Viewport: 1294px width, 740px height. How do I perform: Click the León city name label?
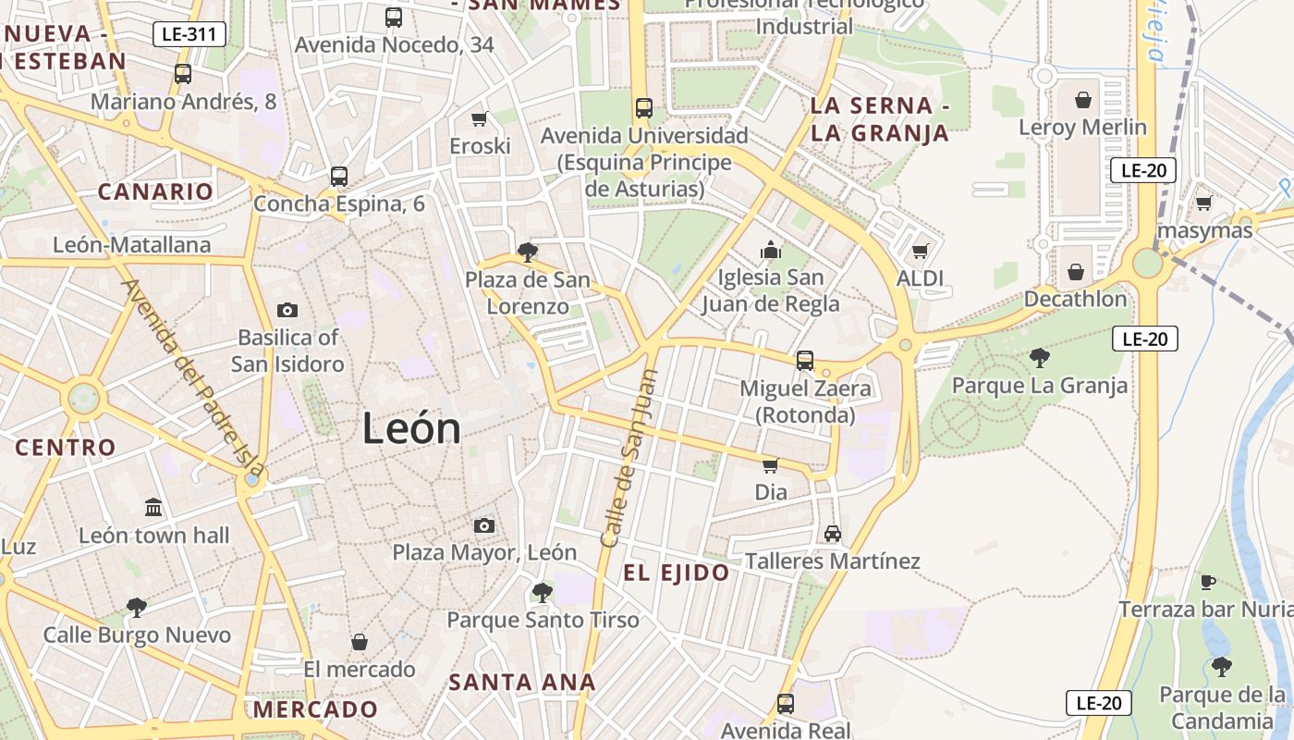point(411,428)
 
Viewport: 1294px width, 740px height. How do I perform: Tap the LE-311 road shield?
point(189,35)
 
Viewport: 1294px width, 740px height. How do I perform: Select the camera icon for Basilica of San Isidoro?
point(287,310)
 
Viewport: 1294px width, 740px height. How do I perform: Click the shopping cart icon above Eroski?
point(480,118)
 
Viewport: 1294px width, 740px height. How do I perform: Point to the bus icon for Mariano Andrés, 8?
point(183,74)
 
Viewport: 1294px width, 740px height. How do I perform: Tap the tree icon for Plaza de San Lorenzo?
point(528,252)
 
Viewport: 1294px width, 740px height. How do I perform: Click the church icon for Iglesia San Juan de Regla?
point(770,250)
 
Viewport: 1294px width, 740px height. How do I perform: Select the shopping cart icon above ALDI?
point(921,251)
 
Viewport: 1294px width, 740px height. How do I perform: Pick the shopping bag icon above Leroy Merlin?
point(1083,99)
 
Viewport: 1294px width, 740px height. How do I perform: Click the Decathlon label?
point(1075,299)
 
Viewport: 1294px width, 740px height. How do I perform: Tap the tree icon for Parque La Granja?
point(1040,358)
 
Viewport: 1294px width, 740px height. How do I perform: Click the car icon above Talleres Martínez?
point(833,534)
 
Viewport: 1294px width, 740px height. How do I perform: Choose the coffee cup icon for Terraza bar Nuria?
point(1207,582)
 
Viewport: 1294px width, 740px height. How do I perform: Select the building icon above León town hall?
point(153,508)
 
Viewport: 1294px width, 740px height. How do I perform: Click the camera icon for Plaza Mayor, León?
point(483,525)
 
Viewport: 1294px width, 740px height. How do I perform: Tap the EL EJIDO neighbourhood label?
point(676,573)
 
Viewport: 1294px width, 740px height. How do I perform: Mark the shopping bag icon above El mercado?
point(360,641)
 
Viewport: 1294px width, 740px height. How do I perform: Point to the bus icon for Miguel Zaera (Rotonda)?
point(805,361)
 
